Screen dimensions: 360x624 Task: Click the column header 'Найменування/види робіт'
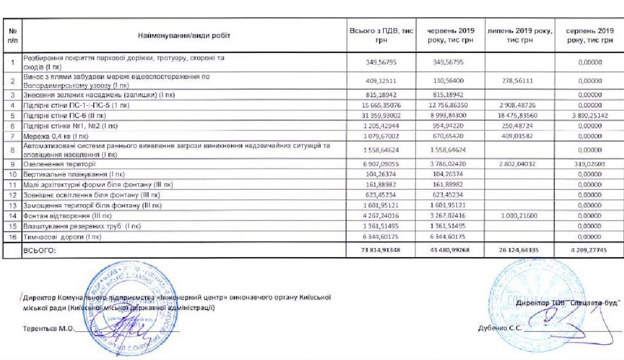[183, 35]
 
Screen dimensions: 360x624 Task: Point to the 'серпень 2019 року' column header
[589, 35]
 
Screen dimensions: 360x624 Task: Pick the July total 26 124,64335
[520, 249]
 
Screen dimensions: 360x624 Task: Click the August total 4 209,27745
[589, 249]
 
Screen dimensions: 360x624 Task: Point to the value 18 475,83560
[520, 115]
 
